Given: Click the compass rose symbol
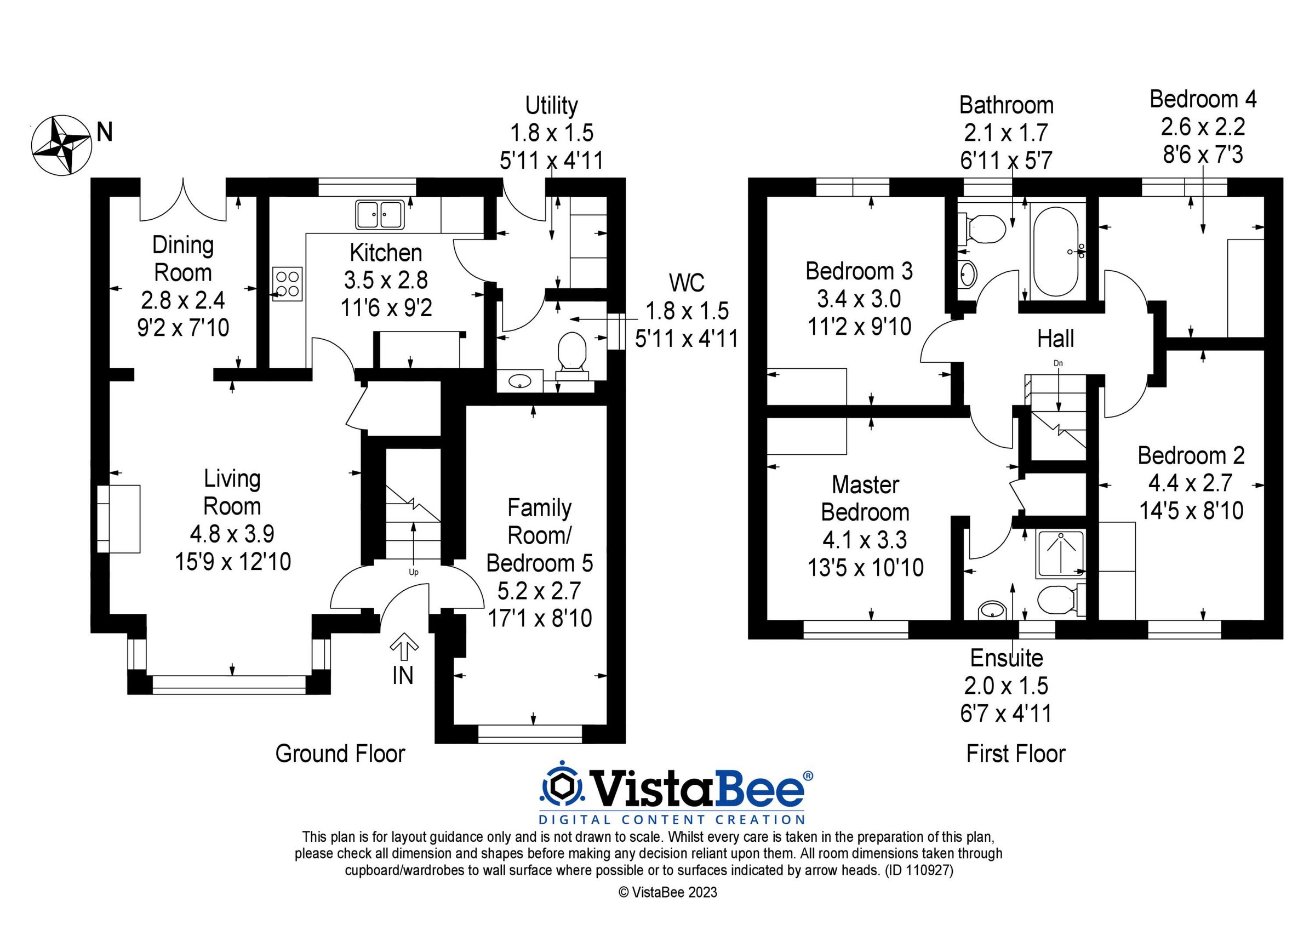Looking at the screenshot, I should point(61,145).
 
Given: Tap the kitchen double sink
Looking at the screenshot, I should point(380,215).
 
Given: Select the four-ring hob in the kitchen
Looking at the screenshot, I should point(288,284).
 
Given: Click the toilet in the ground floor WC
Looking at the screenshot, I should point(571,351).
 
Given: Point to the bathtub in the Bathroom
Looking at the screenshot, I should point(1057,251).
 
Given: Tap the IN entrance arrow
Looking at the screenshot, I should point(404,646).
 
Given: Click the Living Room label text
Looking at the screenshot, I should point(232,492).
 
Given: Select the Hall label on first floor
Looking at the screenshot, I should point(1055,339).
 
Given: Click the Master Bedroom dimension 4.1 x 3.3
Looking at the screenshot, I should point(865,540).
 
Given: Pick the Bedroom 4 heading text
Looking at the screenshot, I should point(1203,99).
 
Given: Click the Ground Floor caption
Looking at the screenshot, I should point(340,754).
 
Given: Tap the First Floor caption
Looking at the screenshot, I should point(1015,754).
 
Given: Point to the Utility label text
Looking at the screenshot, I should point(552,105).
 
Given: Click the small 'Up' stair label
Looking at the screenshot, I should point(414,572).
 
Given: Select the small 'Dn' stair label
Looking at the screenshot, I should point(1058,363).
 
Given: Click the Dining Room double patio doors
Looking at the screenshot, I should point(183,201).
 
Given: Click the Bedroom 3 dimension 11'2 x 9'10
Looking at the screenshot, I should point(859,327).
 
